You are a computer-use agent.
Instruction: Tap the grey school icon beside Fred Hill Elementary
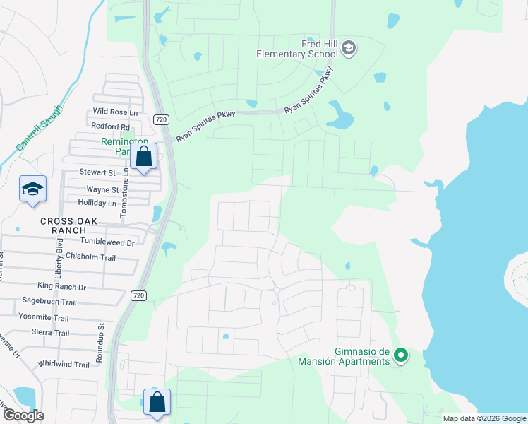[x=348, y=49]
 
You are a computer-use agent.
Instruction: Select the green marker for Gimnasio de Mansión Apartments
[x=401, y=355]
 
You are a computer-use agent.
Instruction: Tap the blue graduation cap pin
[x=32, y=189]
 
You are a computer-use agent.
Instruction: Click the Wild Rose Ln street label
[x=114, y=112]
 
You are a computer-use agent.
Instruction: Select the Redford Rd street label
[x=111, y=126]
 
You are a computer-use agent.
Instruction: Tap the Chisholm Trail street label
[x=90, y=258]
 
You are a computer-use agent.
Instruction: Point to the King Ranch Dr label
[x=61, y=287]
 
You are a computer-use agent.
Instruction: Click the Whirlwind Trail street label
[x=64, y=365]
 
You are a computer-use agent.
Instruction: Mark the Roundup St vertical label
[x=100, y=343]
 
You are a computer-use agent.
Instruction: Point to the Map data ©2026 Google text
[x=484, y=418]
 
